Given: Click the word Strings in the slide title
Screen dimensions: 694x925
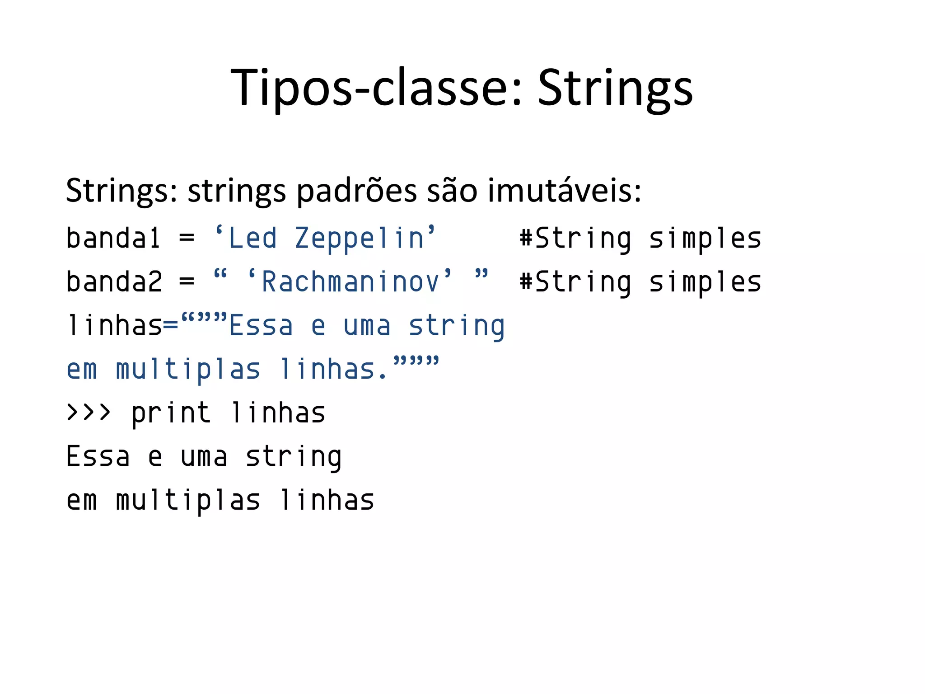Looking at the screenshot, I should pos(615,88).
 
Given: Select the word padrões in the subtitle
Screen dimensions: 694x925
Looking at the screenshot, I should pos(356,191).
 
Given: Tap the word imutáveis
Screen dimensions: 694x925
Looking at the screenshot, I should pos(564,191).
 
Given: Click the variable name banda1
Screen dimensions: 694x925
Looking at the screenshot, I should pos(113,238).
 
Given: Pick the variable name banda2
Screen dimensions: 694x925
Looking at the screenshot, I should pos(114,282).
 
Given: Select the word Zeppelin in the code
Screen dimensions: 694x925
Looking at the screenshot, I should pos(360,238).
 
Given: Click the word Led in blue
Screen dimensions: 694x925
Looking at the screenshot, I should pos(252,238).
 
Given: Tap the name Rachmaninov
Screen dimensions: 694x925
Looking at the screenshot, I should pos(350,282).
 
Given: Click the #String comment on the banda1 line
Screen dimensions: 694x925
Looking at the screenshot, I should pos(575,238).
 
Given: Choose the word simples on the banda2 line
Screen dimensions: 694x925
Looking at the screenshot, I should pos(705,282).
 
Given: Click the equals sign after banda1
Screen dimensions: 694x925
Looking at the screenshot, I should pos(187,238).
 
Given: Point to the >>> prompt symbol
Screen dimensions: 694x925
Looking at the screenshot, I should pos(89,413).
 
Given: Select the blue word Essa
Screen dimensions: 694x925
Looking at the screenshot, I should pos(261,326).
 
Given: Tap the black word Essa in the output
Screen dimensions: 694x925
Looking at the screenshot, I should pos(98,456).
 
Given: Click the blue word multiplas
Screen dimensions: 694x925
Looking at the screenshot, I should pos(188,370).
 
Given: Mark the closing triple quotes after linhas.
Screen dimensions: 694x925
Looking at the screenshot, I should pos(416,362).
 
